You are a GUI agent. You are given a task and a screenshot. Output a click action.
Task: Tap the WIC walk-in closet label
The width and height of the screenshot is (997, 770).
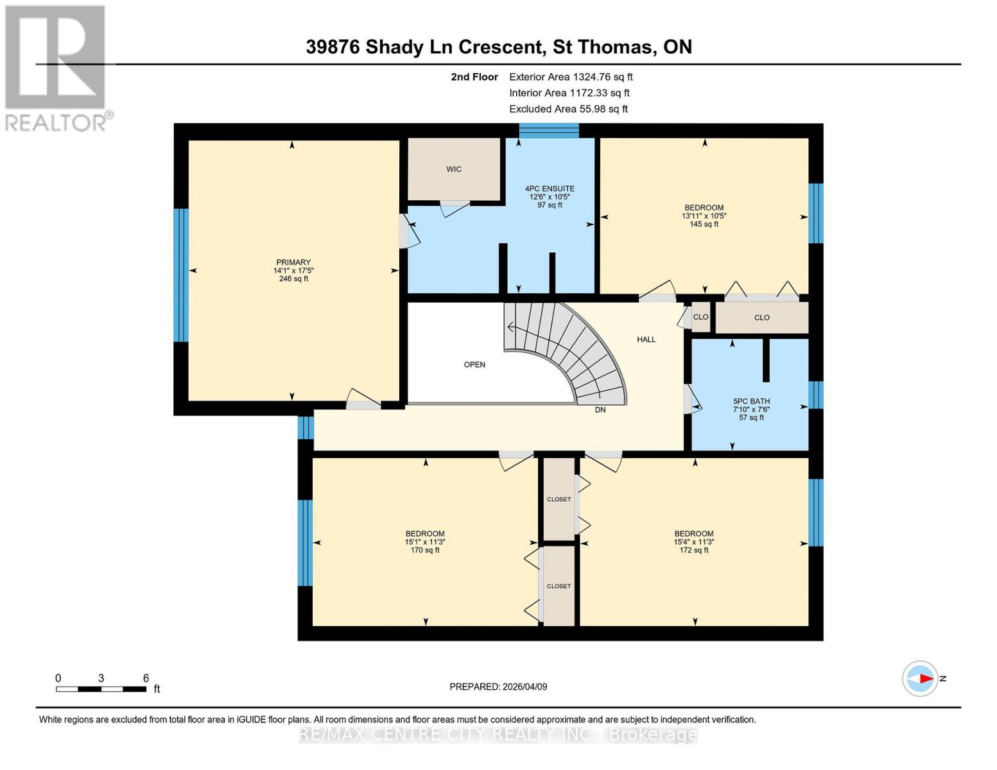(x=454, y=169)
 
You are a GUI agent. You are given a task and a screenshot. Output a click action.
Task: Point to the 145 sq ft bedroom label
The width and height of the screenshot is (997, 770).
(x=704, y=216)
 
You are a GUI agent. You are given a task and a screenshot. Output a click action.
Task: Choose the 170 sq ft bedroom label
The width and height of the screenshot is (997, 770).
(x=425, y=542)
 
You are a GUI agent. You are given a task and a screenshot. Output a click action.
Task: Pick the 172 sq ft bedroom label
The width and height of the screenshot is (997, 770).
(x=693, y=542)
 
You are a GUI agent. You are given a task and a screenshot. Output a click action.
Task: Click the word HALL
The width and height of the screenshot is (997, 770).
(x=646, y=339)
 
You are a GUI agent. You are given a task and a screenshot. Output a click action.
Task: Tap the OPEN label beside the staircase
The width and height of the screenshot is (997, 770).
(x=474, y=364)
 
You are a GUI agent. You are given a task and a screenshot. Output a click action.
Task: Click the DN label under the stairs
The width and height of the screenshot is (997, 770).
(x=600, y=409)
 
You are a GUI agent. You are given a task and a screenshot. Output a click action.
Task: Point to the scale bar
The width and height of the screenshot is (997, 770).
(x=101, y=689)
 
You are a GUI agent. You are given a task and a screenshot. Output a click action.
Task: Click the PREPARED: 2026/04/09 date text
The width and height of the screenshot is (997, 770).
(x=498, y=687)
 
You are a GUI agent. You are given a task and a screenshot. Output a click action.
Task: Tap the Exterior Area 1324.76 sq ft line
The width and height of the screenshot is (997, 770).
(x=571, y=76)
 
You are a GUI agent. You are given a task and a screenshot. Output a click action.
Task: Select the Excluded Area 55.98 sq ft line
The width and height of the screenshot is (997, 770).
(x=568, y=109)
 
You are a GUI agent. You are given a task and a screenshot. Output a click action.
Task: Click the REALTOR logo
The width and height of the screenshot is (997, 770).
(x=56, y=67)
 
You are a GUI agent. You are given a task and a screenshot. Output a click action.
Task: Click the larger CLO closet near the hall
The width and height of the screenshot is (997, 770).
(x=761, y=318)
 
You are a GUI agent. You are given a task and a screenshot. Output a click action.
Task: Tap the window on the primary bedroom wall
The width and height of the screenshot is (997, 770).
(x=181, y=275)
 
